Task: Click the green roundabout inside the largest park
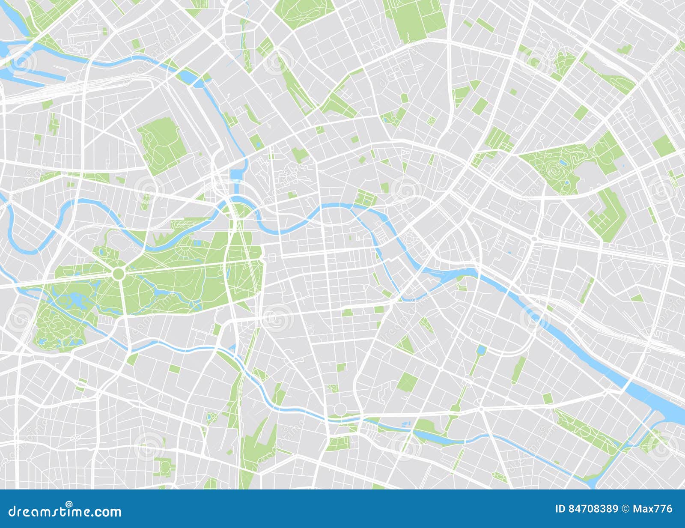119,273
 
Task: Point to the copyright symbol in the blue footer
625,509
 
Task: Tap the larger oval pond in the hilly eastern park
564,163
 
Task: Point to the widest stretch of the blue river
659,403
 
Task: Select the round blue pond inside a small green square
211,416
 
